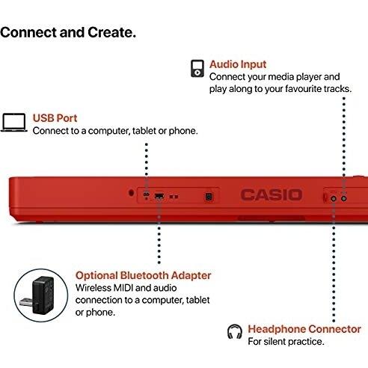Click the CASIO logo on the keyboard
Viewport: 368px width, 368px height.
pyautogui.click(x=271, y=195)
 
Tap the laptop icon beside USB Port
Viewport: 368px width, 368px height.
pyautogui.click(x=14, y=123)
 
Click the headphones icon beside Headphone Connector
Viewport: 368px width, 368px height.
pyautogui.click(x=234, y=330)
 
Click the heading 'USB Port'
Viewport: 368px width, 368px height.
pyautogui.click(x=55, y=118)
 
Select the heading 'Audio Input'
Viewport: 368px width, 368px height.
pyautogui.click(x=238, y=65)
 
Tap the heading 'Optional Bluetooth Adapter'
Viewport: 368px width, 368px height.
pyautogui.click(x=144, y=275)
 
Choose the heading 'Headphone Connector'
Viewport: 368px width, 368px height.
pyautogui.click(x=304, y=329)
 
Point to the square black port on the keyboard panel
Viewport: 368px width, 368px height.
pyautogui.click(x=209, y=196)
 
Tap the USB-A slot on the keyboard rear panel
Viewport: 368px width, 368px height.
pyautogui.click(x=159, y=196)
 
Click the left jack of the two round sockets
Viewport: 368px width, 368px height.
pyautogui.click(x=333, y=197)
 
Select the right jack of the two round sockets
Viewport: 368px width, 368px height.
pyautogui.click(x=344, y=197)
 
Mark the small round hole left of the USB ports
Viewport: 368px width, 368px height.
pyautogui.click(x=131, y=191)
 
